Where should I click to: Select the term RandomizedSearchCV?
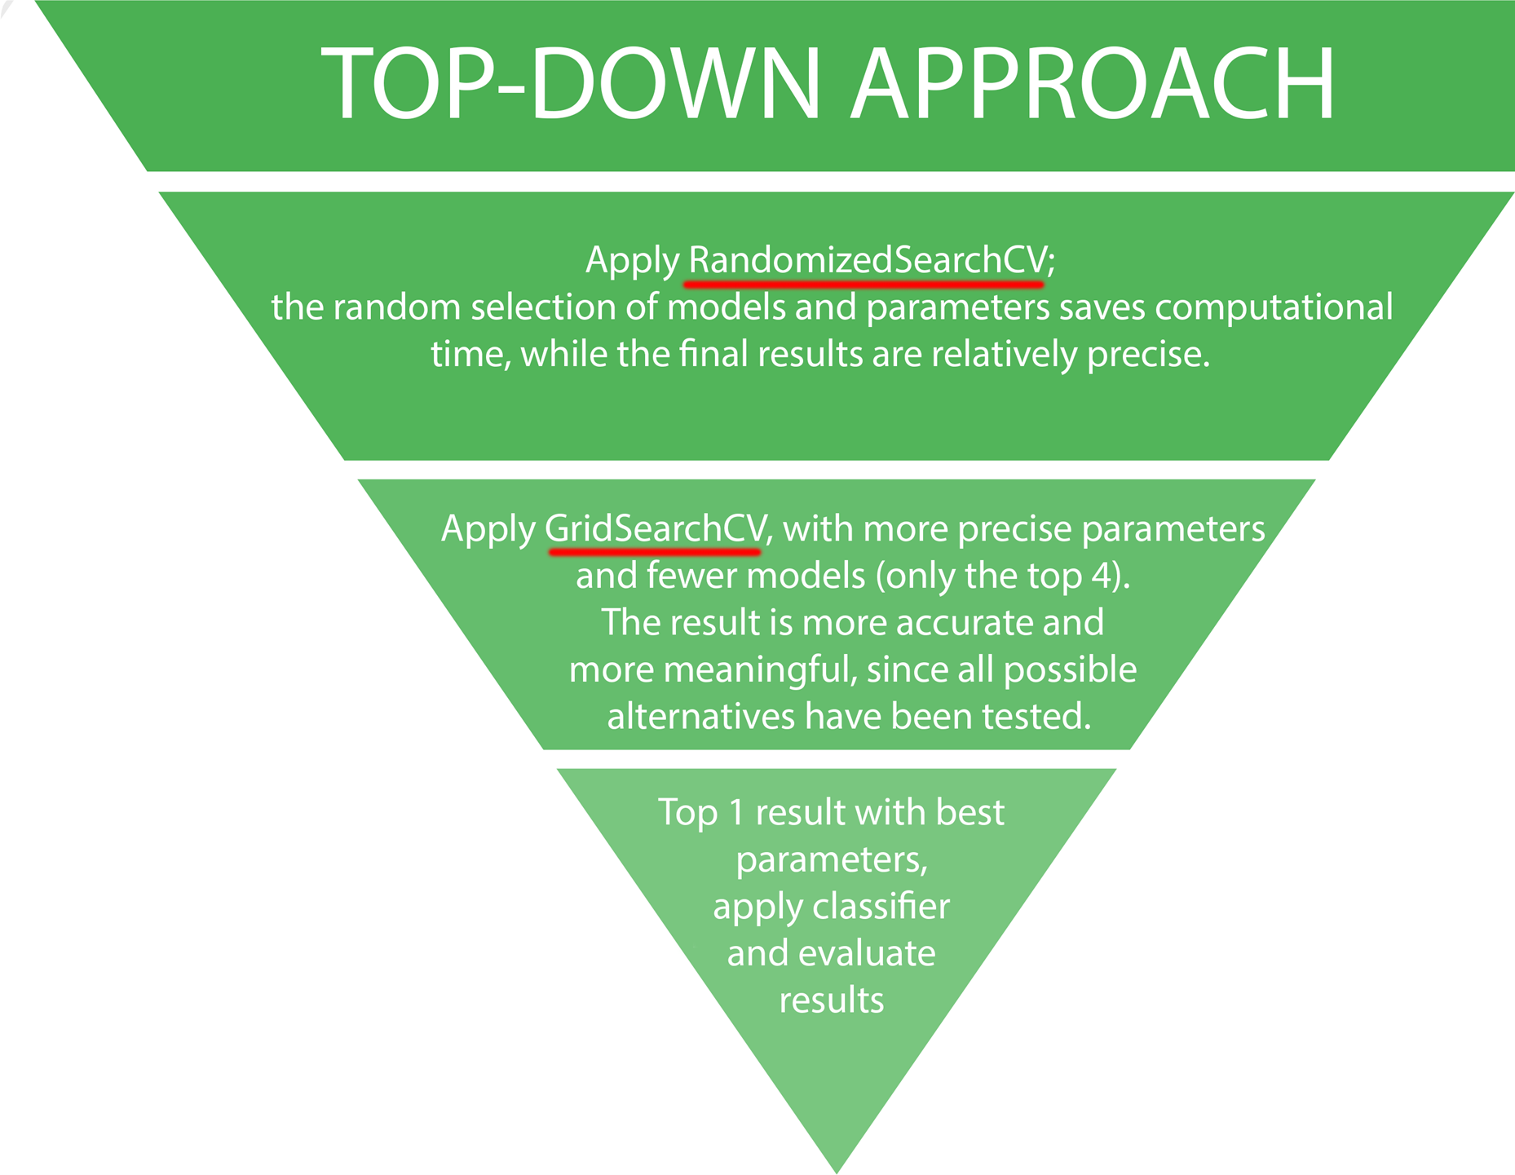click(867, 260)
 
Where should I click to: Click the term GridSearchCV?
click(656, 528)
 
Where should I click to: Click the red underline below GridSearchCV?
click(655, 552)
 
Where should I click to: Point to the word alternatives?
click(700, 717)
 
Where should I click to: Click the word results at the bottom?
click(832, 1000)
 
